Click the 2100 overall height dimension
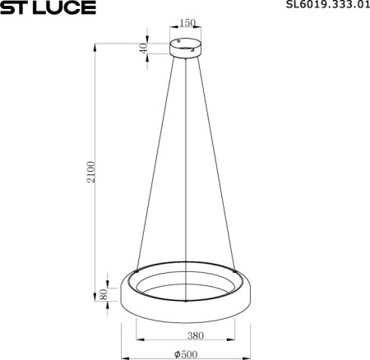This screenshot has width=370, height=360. [92, 172]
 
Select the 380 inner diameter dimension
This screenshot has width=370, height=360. [195, 335]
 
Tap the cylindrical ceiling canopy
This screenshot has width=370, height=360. [187, 48]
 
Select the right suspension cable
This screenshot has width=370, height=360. [220, 164]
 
